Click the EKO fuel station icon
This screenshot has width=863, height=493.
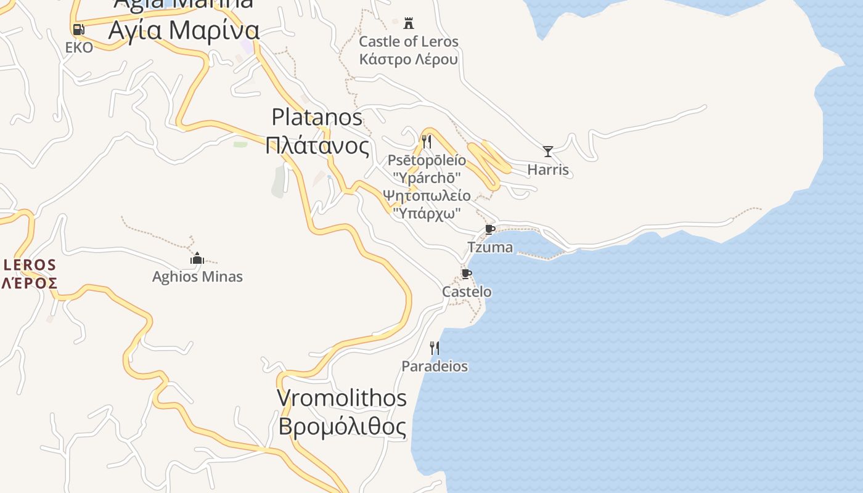click(x=78, y=29)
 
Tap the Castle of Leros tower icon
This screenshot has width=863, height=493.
click(x=408, y=23)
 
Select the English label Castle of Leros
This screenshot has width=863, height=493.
click(x=409, y=42)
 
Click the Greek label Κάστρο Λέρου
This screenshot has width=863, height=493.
click(x=409, y=60)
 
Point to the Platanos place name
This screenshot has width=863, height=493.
click(x=317, y=116)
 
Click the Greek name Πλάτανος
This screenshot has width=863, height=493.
click(x=317, y=146)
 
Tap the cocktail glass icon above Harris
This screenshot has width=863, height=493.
click(x=547, y=151)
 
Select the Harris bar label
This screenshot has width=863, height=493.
click(x=548, y=169)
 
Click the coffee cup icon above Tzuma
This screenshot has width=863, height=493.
click(x=490, y=230)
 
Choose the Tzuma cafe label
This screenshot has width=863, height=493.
click(x=490, y=247)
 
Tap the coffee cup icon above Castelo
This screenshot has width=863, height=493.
click(x=467, y=274)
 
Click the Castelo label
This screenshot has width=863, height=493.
click(x=467, y=291)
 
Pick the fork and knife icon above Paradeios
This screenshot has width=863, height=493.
click(x=435, y=348)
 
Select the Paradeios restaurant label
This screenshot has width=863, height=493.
click(x=435, y=366)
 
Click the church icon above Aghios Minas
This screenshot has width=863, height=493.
click(x=197, y=258)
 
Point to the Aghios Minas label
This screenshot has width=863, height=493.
click(x=197, y=277)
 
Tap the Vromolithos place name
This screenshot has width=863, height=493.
click(x=342, y=398)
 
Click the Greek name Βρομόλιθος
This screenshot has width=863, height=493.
click(x=342, y=426)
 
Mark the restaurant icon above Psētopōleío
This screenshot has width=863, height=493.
click(x=427, y=141)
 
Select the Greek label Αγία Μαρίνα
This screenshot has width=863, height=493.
click(x=184, y=30)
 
